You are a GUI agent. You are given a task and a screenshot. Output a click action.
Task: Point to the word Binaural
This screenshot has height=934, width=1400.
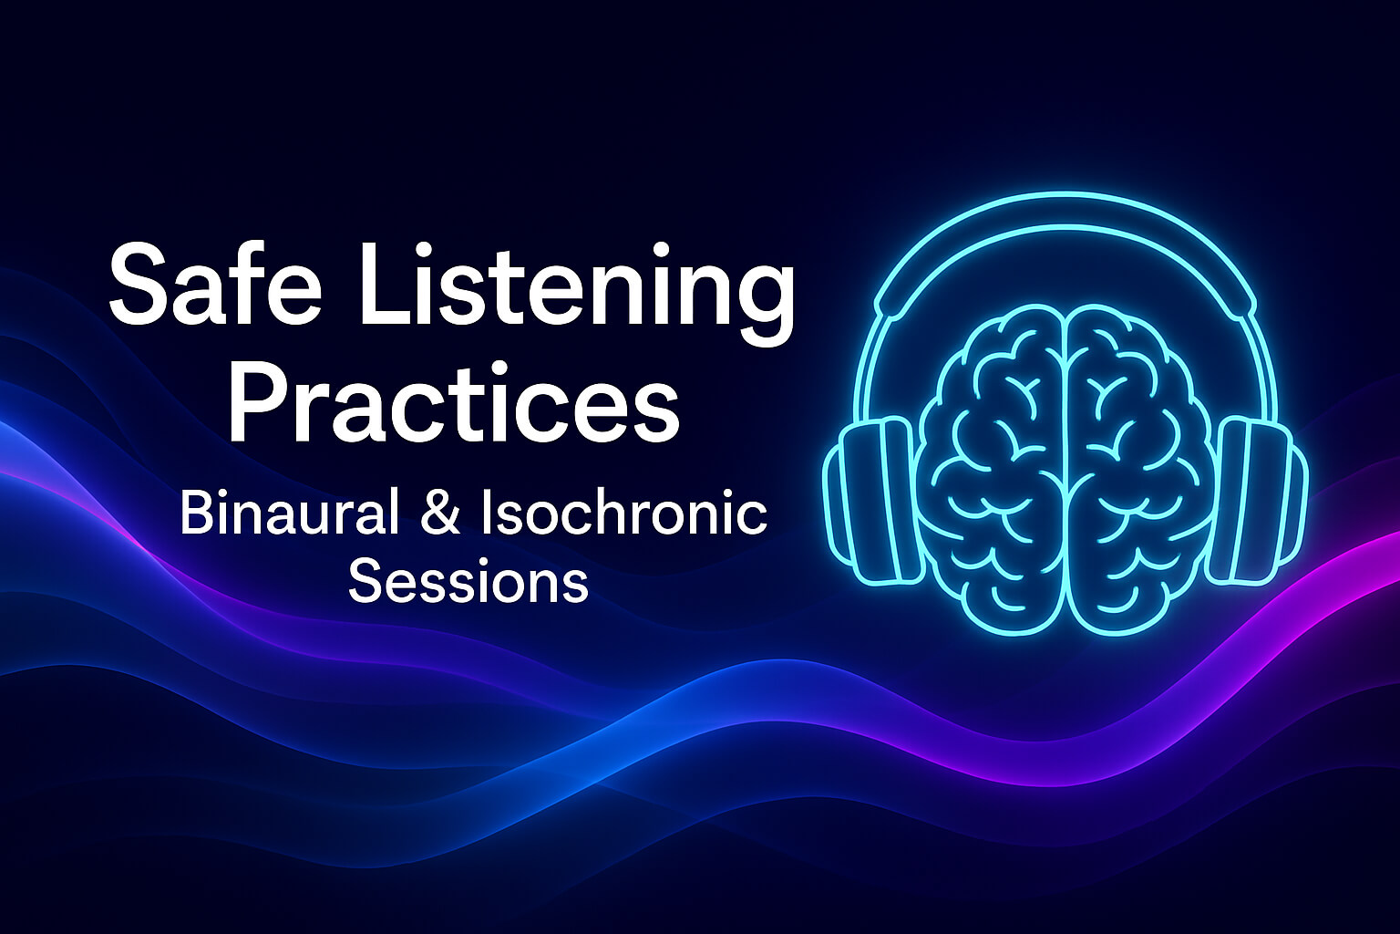point(289,513)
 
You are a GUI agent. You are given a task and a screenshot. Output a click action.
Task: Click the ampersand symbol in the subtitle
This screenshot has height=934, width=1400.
point(440,514)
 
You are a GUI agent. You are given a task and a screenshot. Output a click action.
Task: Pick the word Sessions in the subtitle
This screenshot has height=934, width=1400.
point(468,581)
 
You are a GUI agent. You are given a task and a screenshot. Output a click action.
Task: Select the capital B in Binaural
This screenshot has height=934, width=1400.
point(194,513)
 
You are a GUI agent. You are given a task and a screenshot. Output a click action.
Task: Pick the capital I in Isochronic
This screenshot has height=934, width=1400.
point(486,513)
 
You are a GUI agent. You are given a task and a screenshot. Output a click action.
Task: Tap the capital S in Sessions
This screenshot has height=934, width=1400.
point(362,581)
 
